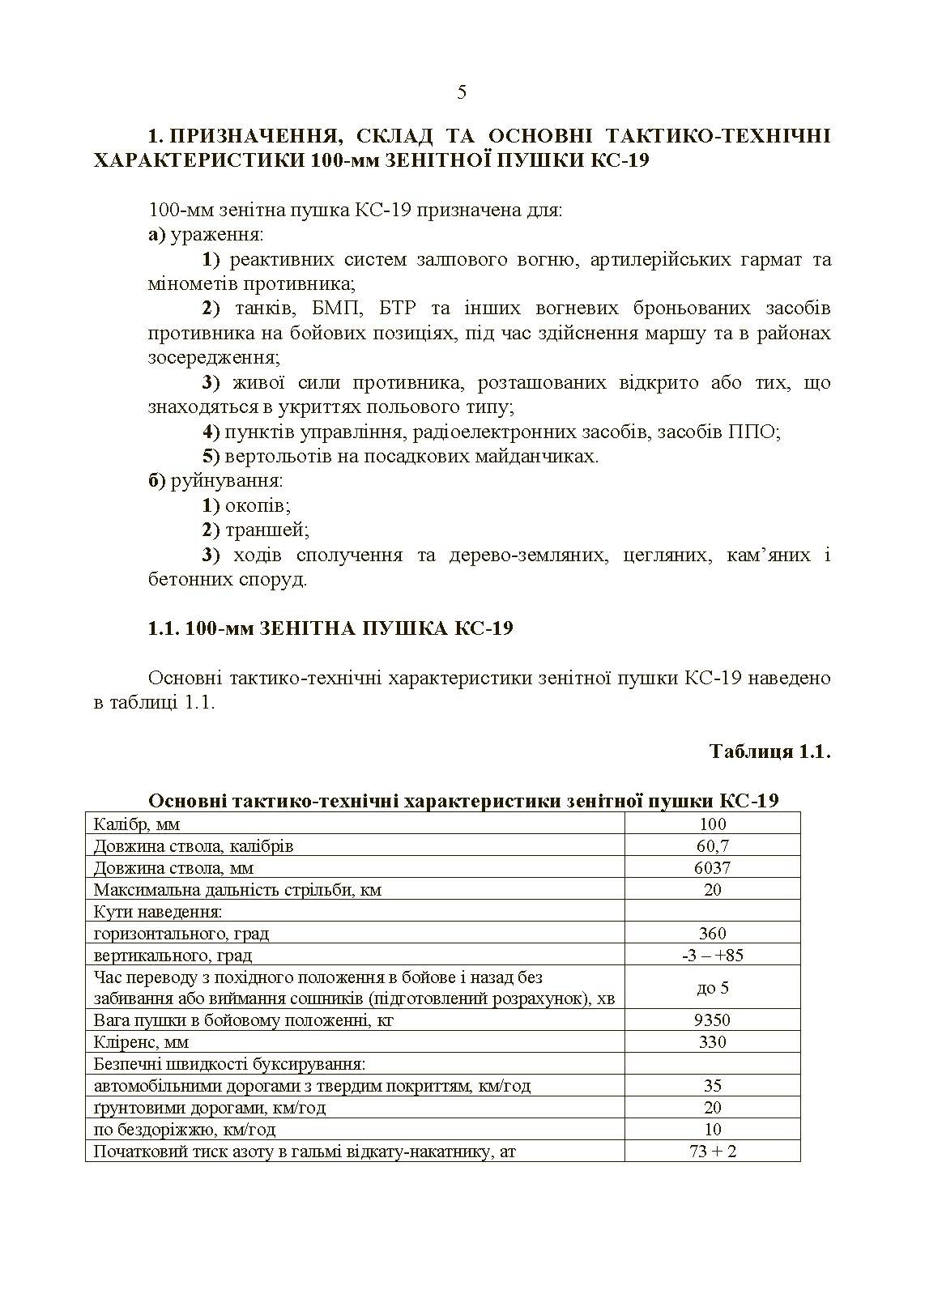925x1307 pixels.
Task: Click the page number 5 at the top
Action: (462, 92)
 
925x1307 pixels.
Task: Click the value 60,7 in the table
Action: (712, 846)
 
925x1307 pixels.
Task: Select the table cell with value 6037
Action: (712, 868)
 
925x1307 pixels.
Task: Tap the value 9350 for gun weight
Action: (712, 1020)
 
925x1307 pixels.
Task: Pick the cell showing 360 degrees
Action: (712, 934)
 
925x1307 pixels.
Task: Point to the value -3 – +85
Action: (712, 956)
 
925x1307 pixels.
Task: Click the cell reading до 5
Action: (712, 988)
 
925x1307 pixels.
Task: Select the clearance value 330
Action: (712, 1042)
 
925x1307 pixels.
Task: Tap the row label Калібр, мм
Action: (137, 824)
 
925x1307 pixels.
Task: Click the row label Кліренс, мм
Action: (141, 1042)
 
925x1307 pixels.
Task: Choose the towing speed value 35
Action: (712, 1086)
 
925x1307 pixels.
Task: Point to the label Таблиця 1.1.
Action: (769, 751)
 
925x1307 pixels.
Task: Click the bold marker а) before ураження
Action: (156, 236)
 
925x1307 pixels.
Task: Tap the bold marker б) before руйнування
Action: (156, 481)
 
